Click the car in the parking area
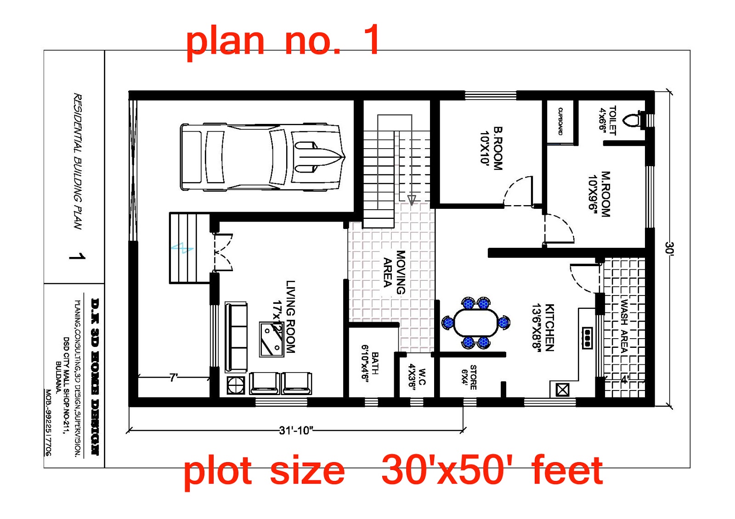point(262,156)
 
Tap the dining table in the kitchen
point(476,323)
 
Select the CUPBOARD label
point(560,121)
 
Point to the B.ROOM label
point(492,148)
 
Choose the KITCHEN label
point(543,327)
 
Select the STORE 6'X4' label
point(469,377)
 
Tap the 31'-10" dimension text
point(296,430)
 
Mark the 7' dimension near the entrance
point(173,378)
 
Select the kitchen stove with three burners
point(587,338)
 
